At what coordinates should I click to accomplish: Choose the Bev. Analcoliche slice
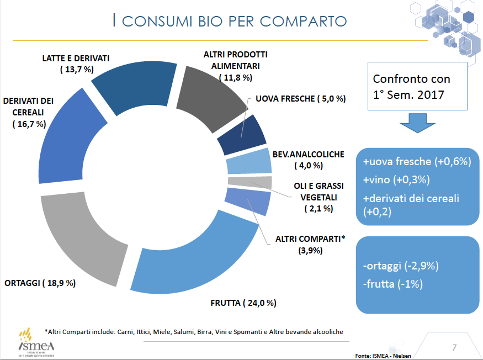tap(248, 163)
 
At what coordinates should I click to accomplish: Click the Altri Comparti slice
tap(248, 202)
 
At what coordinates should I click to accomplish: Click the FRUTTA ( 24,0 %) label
tap(243, 303)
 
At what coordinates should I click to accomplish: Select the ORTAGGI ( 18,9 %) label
tap(40, 283)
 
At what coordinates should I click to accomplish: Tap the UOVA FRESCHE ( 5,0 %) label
tap(300, 99)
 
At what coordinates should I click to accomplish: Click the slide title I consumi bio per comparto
tap(229, 21)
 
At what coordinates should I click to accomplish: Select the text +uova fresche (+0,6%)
tap(417, 162)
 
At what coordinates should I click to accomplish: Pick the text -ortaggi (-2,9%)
tap(401, 266)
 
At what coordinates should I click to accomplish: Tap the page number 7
tap(454, 347)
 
